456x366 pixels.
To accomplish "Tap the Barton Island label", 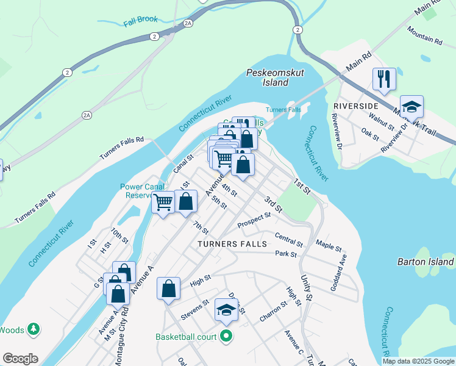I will (x=426, y=262).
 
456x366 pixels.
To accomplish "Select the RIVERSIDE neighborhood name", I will (x=356, y=106).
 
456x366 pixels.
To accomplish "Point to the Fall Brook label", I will (x=140, y=21).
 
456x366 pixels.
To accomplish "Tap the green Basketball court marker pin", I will (x=227, y=336).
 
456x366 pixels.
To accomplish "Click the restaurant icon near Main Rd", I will (x=384, y=79).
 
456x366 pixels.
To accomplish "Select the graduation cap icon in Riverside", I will (x=411, y=106).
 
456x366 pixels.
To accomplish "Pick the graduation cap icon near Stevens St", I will (x=226, y=310).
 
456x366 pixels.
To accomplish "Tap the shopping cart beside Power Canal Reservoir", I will (x=163, y=201).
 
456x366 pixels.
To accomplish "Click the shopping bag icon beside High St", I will (x=169, y=289).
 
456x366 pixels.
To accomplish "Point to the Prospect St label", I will (x=254, y=218).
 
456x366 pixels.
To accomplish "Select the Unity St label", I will (x=306, y=287).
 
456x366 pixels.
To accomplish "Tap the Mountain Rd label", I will (x=424, y=37).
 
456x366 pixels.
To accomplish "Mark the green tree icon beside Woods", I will (x=34, y=330).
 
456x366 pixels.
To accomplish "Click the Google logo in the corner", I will (x=20, y=359).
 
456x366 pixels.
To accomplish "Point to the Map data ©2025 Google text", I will (x=418, y=361).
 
